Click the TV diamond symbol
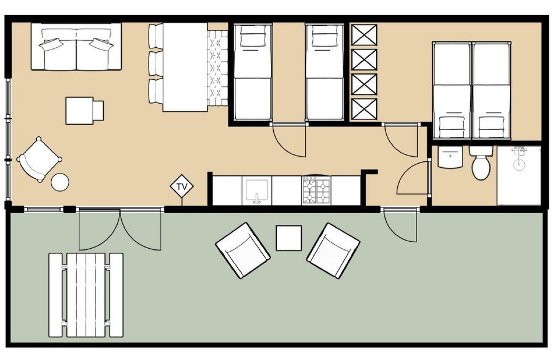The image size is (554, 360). coord(182,187)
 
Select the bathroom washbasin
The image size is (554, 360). coord(450,157)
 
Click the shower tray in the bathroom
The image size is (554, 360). coord(519,175)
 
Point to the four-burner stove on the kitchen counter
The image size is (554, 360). coord(316,190)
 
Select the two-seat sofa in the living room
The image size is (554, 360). coord(76,47)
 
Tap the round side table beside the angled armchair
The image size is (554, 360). coord(60,182)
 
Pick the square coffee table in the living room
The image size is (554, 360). coord(80,110)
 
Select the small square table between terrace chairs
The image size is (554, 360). coord(288,238)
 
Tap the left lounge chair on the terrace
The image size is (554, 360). coord(242,250)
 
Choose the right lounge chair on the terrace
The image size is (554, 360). coord(333,250)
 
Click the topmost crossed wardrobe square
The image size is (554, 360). coord(364,35)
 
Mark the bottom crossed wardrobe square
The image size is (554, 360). coord(364,109)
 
